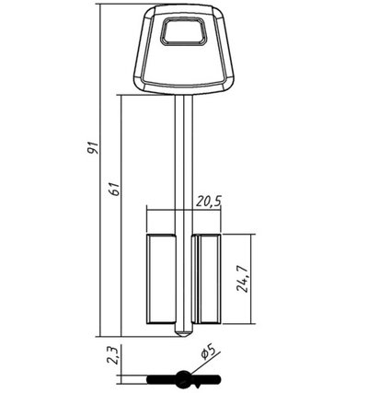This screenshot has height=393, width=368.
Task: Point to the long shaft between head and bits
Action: click(x=183, y=156)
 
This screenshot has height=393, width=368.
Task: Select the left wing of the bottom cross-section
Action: click(x=161, y=377)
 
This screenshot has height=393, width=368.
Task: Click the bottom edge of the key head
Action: click(x=183, y=93)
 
